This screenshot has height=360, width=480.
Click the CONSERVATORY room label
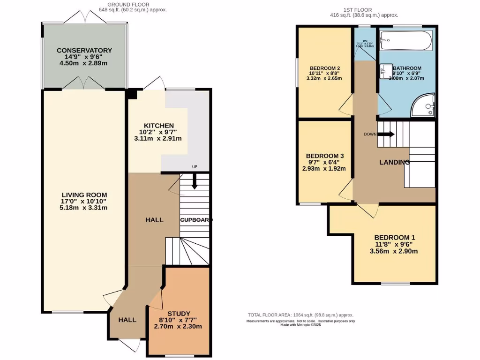[x=84, y=50]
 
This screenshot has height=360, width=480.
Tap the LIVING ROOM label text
[x=84, y=195]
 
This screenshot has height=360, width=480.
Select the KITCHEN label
[x=158, y=126]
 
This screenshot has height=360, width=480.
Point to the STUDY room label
[x=179, y=314]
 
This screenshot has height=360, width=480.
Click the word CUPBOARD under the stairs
[x=196, y=219]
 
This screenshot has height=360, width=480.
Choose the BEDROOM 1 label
[x=395, y=237]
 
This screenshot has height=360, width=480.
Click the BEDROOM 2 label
[x=325, y=68]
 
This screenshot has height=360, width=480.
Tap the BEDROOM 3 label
[x=325, y=156]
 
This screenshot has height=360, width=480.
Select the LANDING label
[x=394, y=162]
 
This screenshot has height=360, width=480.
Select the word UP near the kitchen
[x=195, y=167]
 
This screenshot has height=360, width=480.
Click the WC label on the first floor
[x=365, y=41]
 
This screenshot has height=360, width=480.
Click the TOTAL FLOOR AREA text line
[x=300, y=315]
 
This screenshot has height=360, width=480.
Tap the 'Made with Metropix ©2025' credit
[x=300, y=325]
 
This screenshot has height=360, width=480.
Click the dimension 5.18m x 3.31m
[x=84, y=208]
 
